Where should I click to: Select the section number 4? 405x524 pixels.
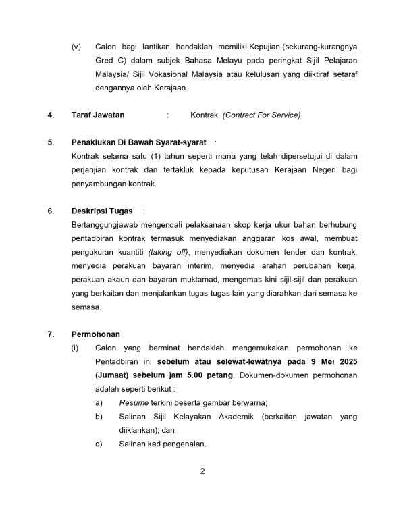click(51, 115)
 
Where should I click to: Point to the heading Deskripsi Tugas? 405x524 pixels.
click(102, 211)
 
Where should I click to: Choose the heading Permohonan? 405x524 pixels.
click(96, 334)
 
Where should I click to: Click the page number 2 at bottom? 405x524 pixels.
click(202, 471)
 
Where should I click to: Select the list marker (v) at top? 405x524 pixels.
click(76, 46)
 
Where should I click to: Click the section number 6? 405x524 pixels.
click(51, 211)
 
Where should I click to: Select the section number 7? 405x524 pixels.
click(51, 334)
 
